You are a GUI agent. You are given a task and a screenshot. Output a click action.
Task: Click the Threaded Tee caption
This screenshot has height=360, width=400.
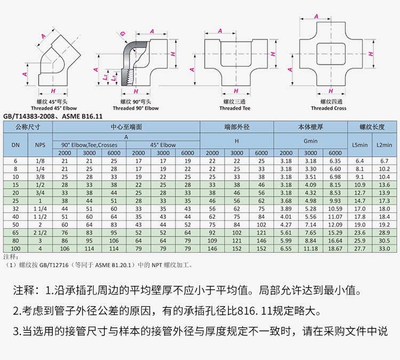(x=234, y=108)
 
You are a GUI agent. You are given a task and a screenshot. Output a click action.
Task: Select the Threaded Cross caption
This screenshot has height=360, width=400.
(x=329, y=108)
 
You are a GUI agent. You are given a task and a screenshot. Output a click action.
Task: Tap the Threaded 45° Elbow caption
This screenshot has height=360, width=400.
(x=53, y=108)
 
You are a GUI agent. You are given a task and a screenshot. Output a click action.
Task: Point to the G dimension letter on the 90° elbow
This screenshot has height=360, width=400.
(x=122, y=34)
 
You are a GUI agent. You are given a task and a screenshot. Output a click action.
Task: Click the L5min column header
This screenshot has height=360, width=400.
(x=360, y=145)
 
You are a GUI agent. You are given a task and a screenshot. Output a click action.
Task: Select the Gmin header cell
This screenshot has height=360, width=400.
(x=310, y=141)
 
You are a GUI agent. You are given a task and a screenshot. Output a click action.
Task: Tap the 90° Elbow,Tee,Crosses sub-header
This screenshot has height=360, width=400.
(x=89, y=145)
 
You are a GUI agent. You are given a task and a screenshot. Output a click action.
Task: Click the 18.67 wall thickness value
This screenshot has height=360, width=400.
(x=335, y=249)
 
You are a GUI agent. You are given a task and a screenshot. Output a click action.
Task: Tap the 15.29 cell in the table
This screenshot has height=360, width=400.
(x=335, y=234)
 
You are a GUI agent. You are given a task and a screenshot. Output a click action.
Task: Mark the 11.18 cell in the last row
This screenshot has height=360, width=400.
(x=310, y=249)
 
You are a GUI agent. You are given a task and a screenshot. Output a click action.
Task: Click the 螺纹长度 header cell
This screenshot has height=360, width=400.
(x=372, y=127)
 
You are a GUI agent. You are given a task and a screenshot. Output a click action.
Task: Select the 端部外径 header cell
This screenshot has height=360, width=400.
(x=237, y=127)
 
